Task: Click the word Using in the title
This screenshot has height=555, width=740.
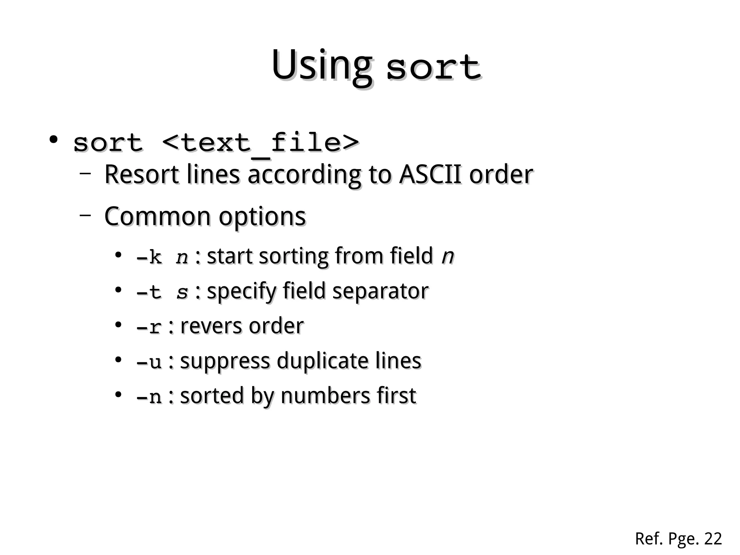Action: pos(321,66)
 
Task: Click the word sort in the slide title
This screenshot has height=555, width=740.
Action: pos(433,68)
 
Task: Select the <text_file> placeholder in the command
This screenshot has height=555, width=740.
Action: pos(261,143)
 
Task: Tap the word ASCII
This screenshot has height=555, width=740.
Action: pos(430,175)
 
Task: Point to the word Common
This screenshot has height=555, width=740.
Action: pos(157,217)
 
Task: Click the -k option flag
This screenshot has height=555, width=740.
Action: pos(149,257)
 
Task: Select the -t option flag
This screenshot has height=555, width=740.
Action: pos(149,292)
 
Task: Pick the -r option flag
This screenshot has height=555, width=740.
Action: pos(149,327)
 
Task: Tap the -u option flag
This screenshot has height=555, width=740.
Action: pos(149,362)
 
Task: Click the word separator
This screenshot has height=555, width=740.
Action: pos(380,291)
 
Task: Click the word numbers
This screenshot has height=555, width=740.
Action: pos(325,396)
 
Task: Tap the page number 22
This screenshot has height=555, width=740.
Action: pos(713,539)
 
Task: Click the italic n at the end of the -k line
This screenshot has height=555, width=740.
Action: pos(448,256)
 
